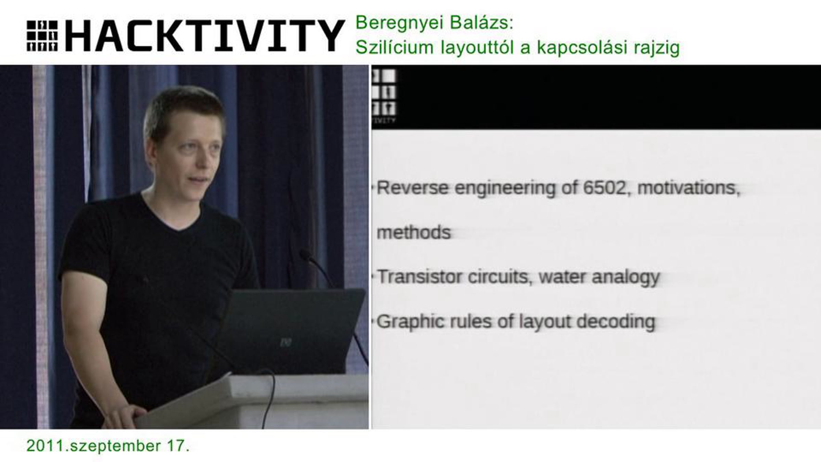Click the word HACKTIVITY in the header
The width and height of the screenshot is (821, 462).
pyautogui.click(x=205, y=36)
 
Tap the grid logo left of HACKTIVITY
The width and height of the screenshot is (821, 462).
pyautogui.click(x=42, y=36)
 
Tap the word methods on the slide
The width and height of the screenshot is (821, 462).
pyautogui.click(x=414, y=232)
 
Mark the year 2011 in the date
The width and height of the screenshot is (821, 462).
pyautogui.click(x=45, y=446)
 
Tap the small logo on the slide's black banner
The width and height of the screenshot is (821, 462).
pyautogui.click(x=383, y=96)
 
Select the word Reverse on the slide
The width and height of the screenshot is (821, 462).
pyautogui.click(x=412, y=188)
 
